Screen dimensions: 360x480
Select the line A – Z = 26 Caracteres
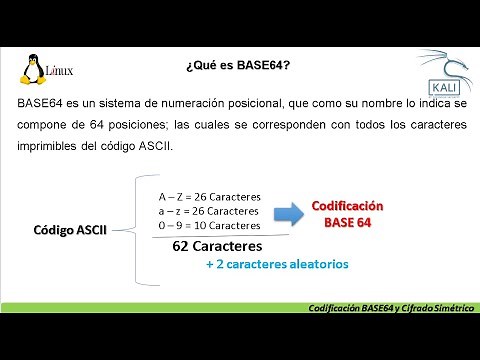(210, 195)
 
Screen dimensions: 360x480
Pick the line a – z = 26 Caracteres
(210, 211)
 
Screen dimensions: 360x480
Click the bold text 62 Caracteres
(217, 246)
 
